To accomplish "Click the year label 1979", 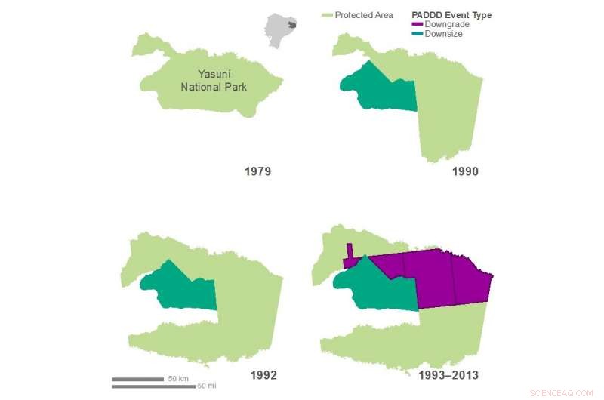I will click(257, 171).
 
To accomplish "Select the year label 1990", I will click(465, 171).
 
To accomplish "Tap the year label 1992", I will click(263, 375).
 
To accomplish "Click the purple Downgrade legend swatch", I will click(417, 25).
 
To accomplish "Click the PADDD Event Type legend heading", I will click(451, 15).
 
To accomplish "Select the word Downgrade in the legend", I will click(447, 25).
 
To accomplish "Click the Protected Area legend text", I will click(364, 15).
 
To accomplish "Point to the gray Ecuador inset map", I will click(281, 30).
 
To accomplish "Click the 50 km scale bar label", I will click(177, 378).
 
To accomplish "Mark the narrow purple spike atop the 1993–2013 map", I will click(350, 252).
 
